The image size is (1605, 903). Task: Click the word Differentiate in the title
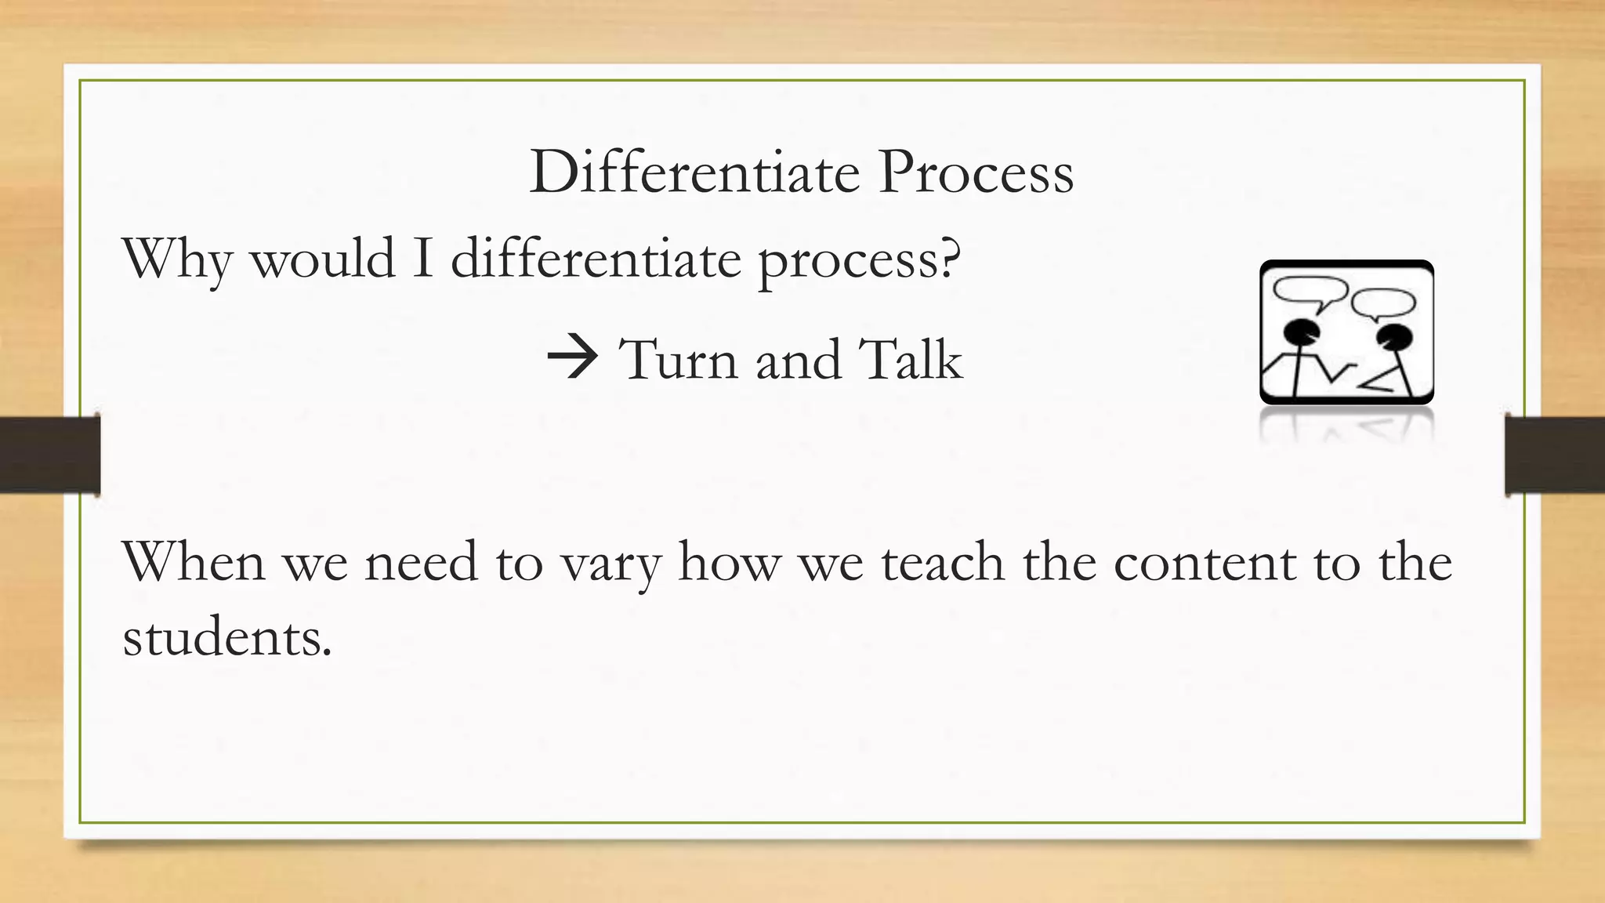(x=694, y=172)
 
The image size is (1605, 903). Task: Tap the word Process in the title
(x=976, y=172)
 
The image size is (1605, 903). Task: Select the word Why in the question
(x=177, y=259)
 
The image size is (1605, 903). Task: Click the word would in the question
(x=323, y=258)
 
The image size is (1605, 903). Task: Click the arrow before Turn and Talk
(x=573, y=359)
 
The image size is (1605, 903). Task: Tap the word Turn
(x=679, y=360)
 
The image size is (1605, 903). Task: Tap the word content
(x=1205, y=564)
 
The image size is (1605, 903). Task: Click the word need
(x=422, y=562)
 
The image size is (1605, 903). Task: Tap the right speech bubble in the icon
(x=1384, y=302)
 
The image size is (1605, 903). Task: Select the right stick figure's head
(x=1394, y=337)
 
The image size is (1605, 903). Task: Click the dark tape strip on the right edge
(x=1555, y=455)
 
